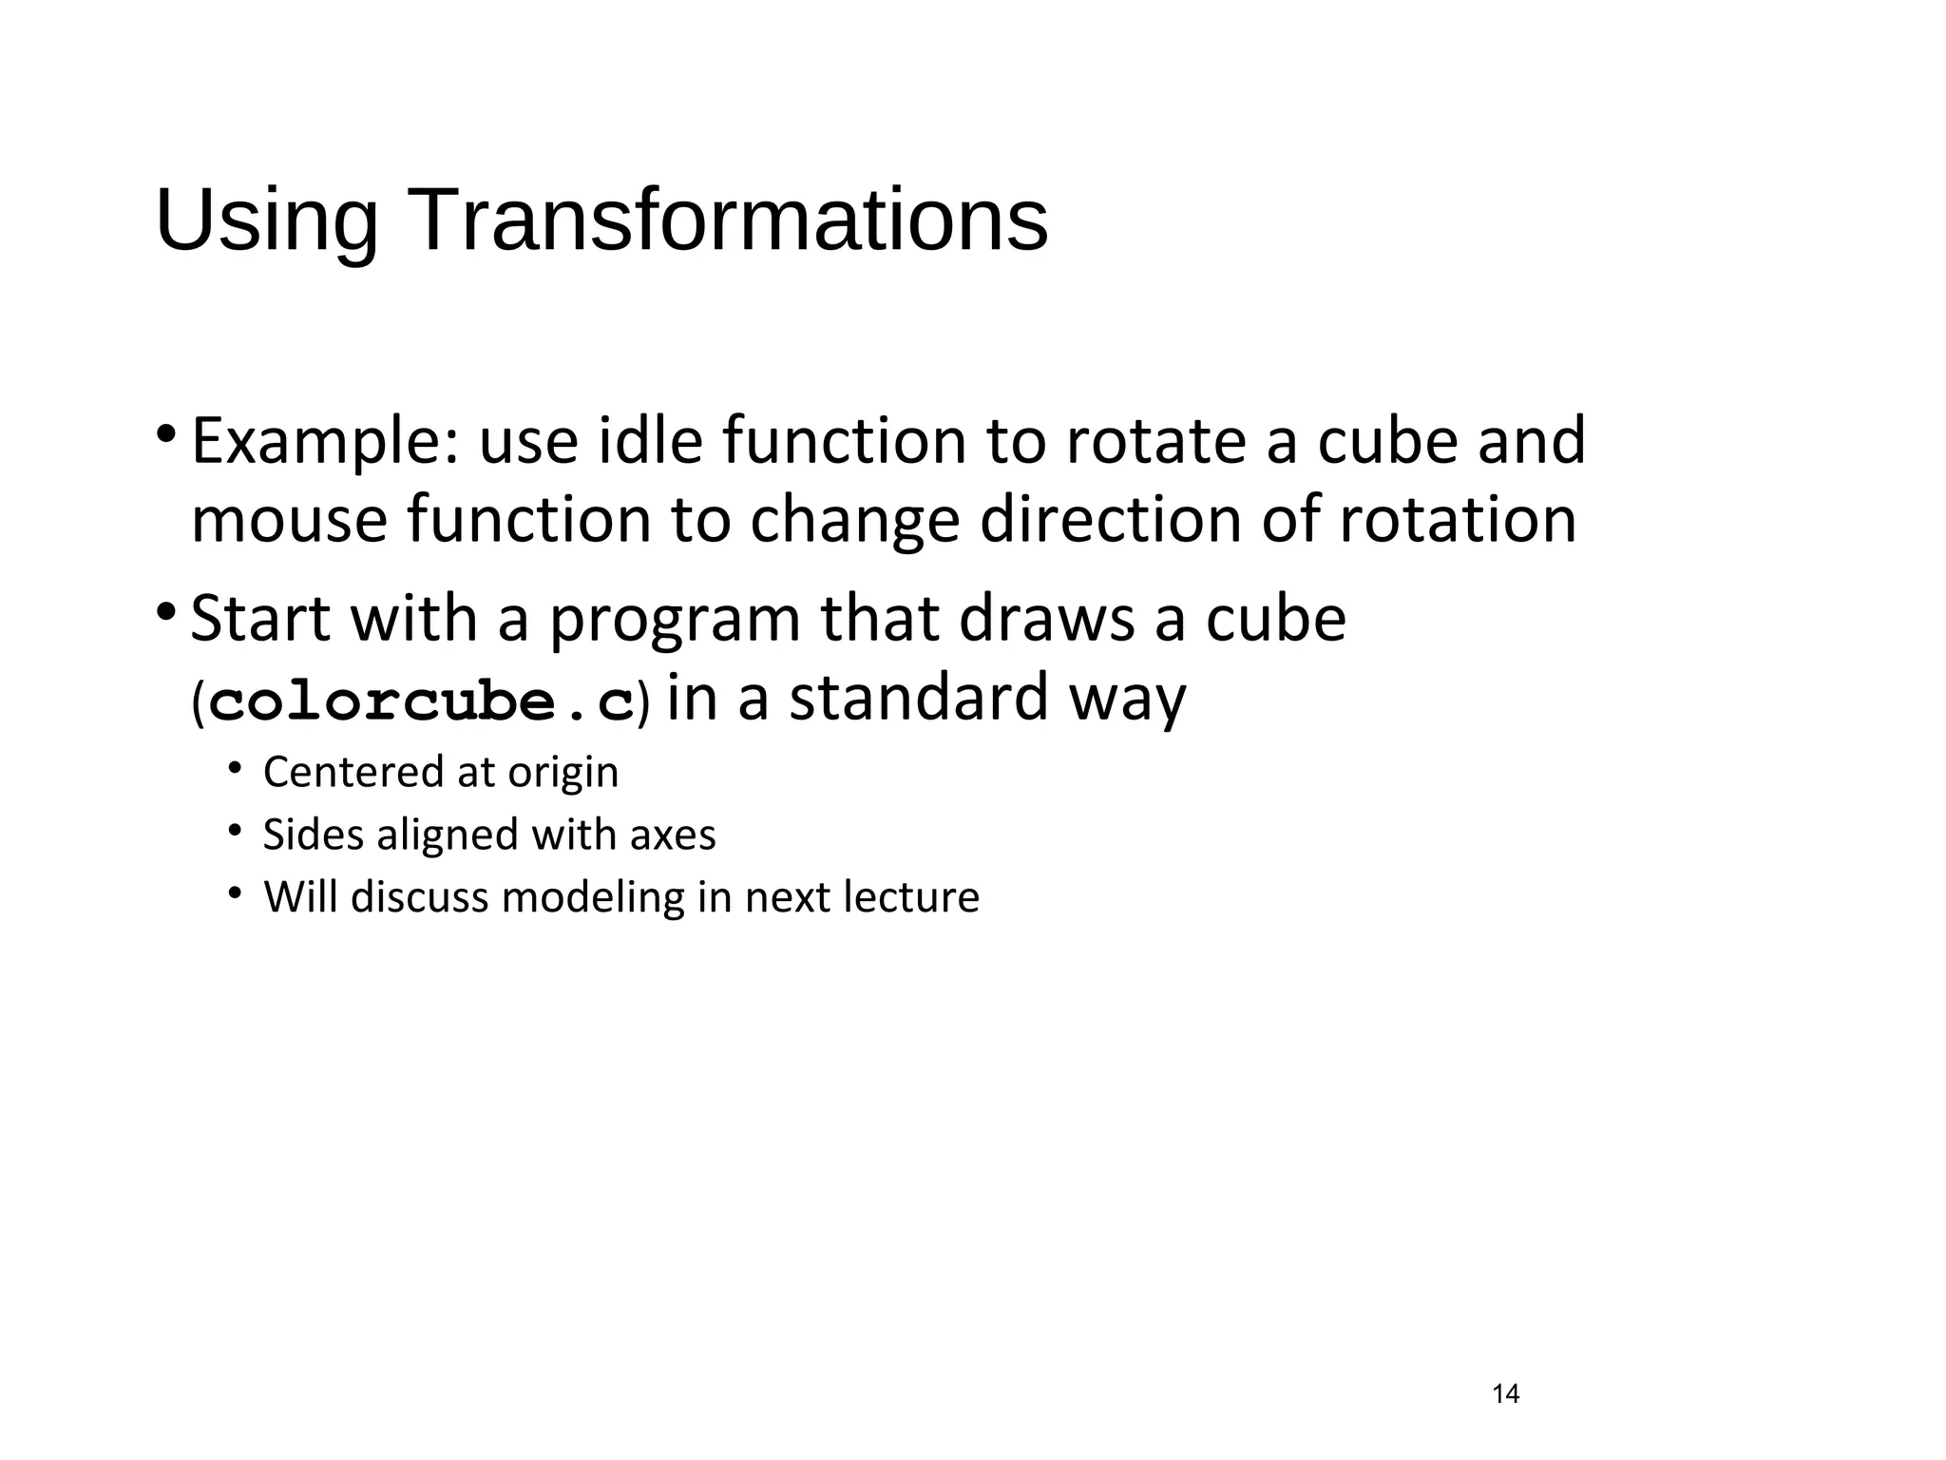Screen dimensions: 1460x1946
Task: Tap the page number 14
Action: click(1505, 1394)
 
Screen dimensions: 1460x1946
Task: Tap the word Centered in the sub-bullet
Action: click(351, 772)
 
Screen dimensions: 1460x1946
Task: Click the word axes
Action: click(672, 836)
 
